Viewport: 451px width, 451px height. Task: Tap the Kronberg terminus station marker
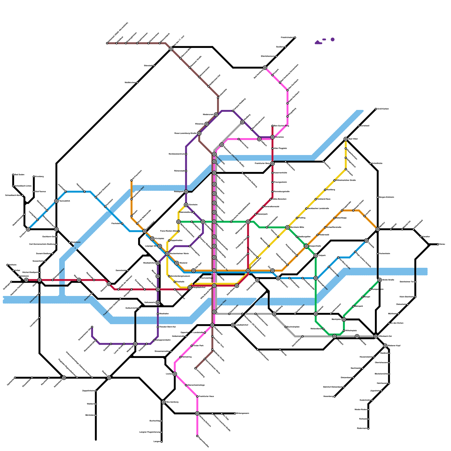coord(34,177)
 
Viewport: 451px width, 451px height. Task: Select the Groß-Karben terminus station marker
coord(376,109)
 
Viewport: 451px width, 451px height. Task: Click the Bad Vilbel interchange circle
coord(346,139)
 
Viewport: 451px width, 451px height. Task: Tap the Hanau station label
coord(442,244)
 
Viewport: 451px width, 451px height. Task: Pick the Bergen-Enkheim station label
coord(386,197)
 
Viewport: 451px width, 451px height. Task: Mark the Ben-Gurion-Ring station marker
coord(272,126)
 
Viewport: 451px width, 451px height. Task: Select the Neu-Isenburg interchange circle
coord(163,402)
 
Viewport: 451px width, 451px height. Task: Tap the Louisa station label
coord(169,374)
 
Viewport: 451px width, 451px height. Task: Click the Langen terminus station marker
coord(162,442)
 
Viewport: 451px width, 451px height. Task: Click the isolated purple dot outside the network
coord(333,39)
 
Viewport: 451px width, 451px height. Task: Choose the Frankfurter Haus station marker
coord(197,397)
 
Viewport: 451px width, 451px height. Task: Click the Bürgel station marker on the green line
coord(363,297)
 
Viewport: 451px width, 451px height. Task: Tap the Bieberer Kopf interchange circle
coord(385,346)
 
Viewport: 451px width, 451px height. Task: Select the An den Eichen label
coord(395,323)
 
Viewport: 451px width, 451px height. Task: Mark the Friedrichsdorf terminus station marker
coord(295,37)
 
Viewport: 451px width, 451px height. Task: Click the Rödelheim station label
coord(76,242)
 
